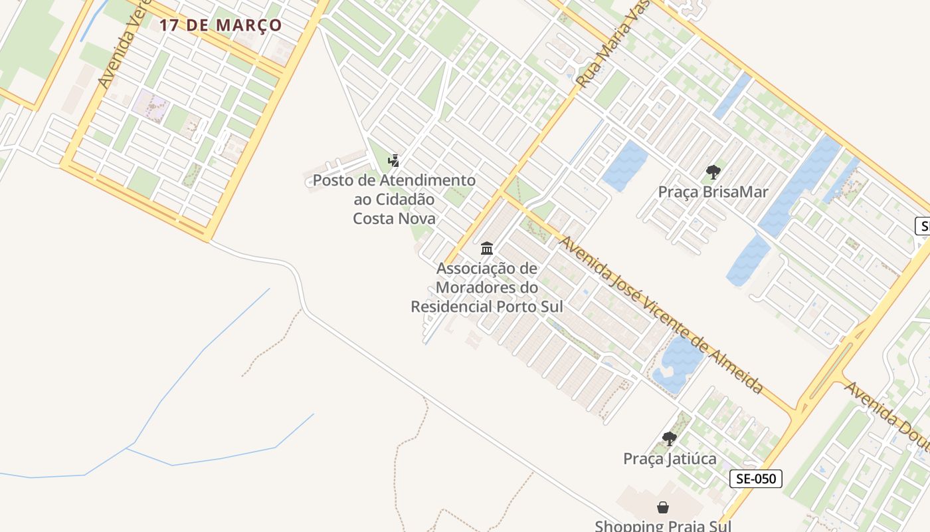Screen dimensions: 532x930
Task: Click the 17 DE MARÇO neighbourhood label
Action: click(x=220, y=26)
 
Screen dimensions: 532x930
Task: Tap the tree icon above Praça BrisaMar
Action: click(x=713, y=173)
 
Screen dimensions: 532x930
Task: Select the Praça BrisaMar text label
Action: click(x=713, y=192)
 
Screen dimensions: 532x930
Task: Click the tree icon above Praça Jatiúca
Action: click(x=670, y=439)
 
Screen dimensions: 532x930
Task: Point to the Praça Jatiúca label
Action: click(x=670, y=459)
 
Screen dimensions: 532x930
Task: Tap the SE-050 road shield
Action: click(x=756, y=478)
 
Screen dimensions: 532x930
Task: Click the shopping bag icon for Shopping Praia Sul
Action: click(x=663, y=508)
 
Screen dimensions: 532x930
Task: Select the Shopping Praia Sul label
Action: click(x=663, y=525)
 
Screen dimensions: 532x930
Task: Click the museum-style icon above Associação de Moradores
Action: click(x=487, y=249)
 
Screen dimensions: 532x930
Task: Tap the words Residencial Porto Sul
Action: click(x=486, y=307)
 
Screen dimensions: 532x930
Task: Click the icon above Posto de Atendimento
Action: click(x=394, y=160)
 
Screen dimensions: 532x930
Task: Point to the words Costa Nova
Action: click(x=394, y=218)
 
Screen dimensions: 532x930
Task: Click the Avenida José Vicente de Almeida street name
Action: click(x=662, y=315)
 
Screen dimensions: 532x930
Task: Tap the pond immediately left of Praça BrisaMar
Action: click(x=624, y=166)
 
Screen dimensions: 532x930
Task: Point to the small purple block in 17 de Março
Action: click(x=151, y=104)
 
